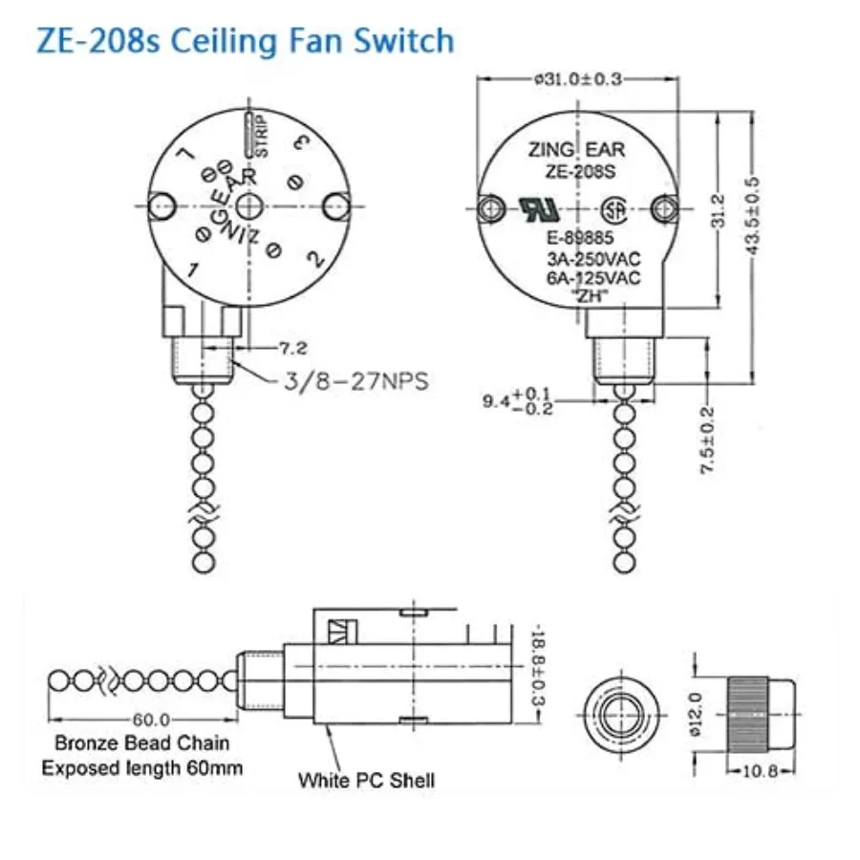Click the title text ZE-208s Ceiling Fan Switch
point(246,42)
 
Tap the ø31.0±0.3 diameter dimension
point(578,79)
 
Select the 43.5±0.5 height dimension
point(754,216)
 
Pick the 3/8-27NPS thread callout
point(356,380)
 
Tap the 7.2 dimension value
point(293,348)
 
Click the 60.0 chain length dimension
point(151,719)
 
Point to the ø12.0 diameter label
point(696,715)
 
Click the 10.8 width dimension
point(761,771)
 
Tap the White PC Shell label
point(366,780)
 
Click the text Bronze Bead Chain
point(142,742)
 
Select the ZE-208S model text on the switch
point(580,172)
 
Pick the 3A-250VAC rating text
point(593,258)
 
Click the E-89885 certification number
point(580,238)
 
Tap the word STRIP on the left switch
point(262,136)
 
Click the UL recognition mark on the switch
point(539,209)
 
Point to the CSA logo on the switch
point(614,210)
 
